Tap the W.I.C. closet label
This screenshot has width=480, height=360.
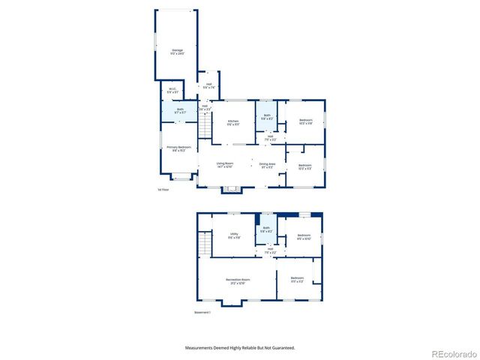(172, 90)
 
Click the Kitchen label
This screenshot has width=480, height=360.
(233, 121)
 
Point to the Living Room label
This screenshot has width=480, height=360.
(226, 164)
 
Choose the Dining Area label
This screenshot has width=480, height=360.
(267, 164)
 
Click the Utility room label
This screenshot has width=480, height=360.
(234, 235)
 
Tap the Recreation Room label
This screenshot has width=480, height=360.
(238, 280)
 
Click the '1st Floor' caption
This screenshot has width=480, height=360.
(163, 190)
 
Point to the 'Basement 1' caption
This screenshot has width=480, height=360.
(202, 313)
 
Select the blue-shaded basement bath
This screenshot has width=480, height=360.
(266, 232)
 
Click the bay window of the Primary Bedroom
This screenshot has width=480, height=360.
(180, 177)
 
